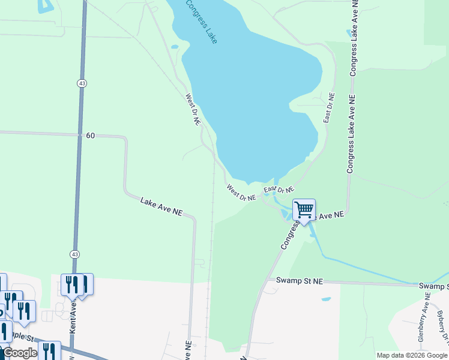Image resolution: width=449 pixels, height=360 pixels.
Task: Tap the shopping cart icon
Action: point(304,210)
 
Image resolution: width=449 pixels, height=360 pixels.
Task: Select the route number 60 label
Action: point(90,136)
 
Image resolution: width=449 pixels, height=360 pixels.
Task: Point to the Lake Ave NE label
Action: point(161,206)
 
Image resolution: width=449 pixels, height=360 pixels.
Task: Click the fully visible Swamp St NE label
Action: point(300,280)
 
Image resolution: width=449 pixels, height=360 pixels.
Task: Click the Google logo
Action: point(19,353)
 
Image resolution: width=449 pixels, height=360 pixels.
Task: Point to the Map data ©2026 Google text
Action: point(412,355)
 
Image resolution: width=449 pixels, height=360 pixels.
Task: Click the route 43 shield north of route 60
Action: point(80,83)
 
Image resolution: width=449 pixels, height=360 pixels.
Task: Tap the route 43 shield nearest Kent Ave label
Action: point(74,254)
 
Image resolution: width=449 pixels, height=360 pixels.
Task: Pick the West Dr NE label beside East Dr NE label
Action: point(241,193)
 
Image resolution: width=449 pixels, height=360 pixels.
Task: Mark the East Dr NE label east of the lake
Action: point(329,108)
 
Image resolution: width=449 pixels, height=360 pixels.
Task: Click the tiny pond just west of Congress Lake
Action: point(174,46)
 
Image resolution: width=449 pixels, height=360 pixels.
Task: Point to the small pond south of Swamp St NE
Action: point(325,299)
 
